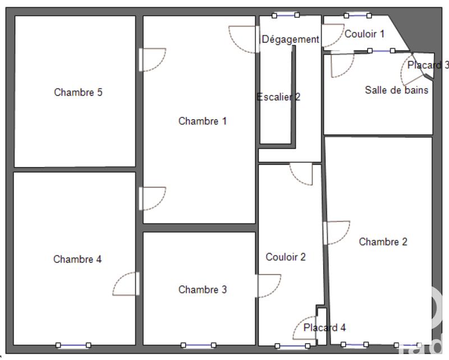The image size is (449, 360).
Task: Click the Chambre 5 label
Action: click(x=78, y=93)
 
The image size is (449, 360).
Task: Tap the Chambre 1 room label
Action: click(x=203, y=121)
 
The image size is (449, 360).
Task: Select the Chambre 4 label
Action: click(x=77, y=259)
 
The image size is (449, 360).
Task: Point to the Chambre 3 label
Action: click(x=203, y=290)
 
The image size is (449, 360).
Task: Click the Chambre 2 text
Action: click(x=383, y=242)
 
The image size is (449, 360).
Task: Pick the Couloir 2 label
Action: click(x=286, y=257)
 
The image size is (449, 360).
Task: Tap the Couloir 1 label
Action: click(x=364, y=34)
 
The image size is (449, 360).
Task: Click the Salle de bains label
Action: click(x=396, y=90)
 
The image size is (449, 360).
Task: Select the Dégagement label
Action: click(x=290, y=40)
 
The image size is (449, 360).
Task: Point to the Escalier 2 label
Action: click(x=278, y=97)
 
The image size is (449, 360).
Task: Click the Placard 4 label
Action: click(x=325, y=328)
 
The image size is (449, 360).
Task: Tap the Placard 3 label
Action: click(x=428, y=66)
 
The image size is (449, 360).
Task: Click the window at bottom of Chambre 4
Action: click(x=73, y=345)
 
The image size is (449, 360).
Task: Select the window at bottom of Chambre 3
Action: click(x=198, y=345)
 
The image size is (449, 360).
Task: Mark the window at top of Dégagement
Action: click(x=286, y=16)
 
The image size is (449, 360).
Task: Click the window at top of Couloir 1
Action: click(x=358, y=16)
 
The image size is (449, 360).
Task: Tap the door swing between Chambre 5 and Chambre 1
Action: click(x=152, y=60)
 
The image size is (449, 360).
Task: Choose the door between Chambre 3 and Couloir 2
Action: click(x=268, y=285)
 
